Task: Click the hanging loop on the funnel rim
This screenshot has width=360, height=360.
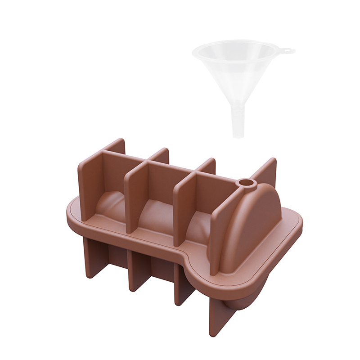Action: coord(288,51)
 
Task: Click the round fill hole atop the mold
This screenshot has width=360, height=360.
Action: coord(246,184)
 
